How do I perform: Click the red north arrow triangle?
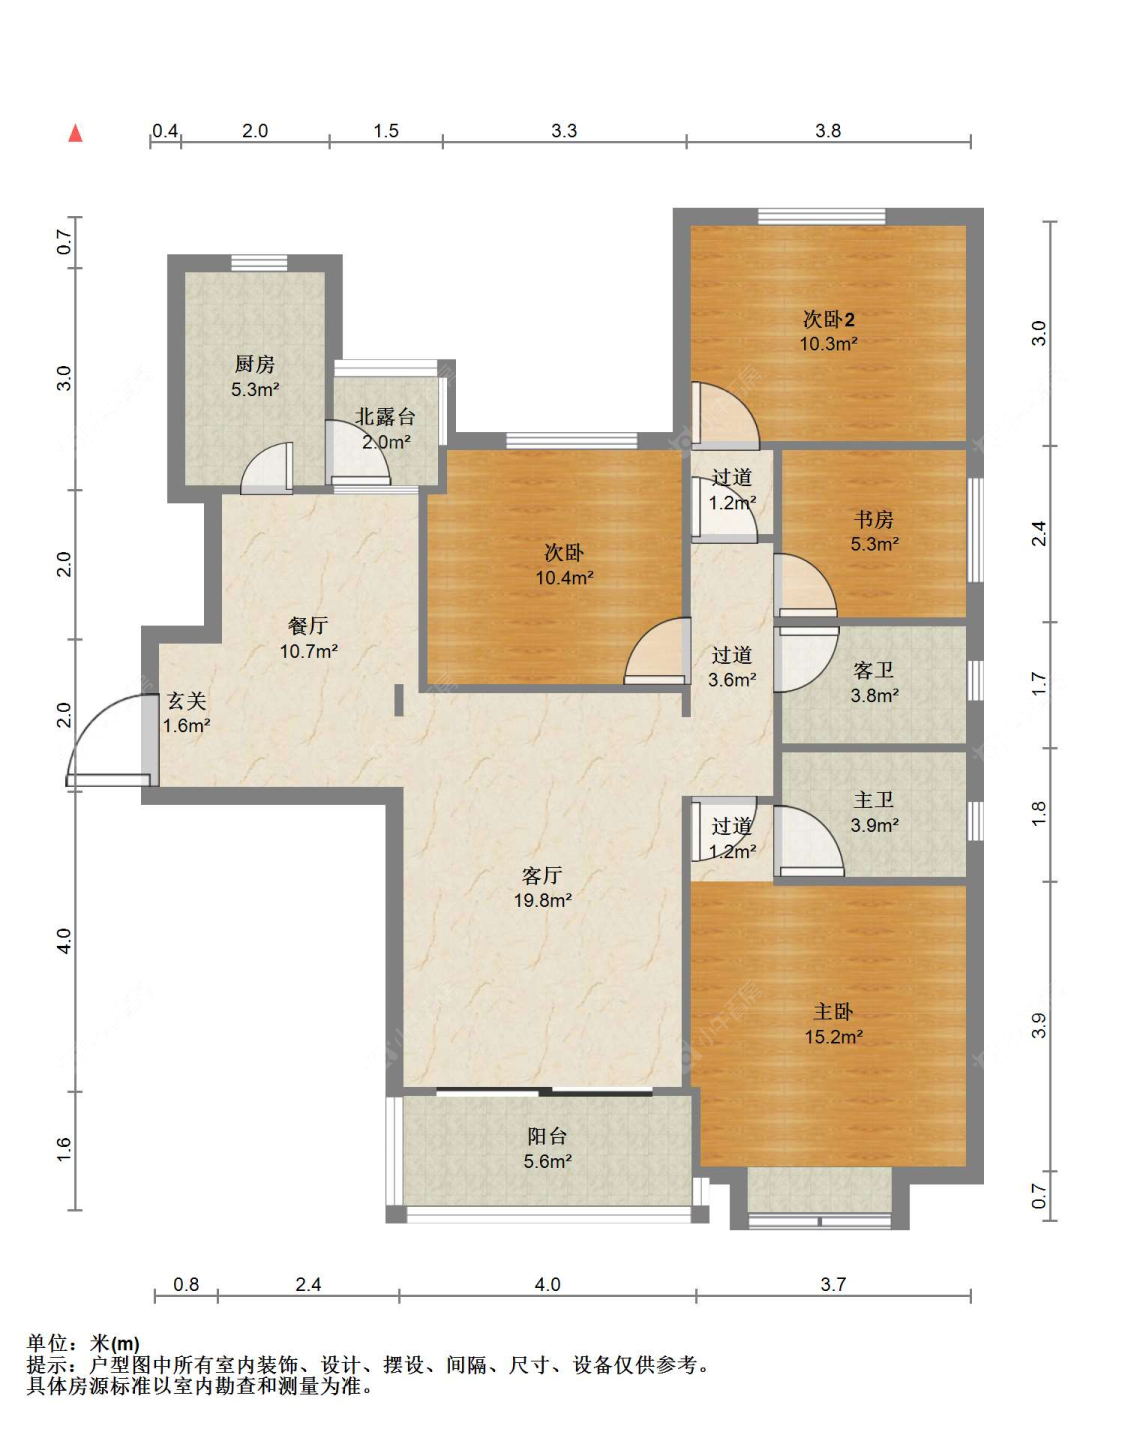pyautogui.click(x=75, y=133)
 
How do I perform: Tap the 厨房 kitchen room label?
pyautogui.click(x=255, y=364)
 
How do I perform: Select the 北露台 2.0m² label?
pyautogui.click(x=385, y=429)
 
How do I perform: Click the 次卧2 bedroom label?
pyautogui.click(x=829, y=320)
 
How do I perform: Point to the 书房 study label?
pyautogui.click(x=874, y=519)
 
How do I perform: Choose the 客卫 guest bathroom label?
pyautogui.click(x=874, y=671)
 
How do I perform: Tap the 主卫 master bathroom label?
pyautogui.click(x=874, y=801)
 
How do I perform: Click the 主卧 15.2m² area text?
pyautogui.click(x=833, y=1037)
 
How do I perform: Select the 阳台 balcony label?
pyautogui.click(x=547, y=1136)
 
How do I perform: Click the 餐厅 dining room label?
pyautogui.click(x=308, y=625)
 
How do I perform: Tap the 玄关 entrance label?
pyautogui.click(x=187, y=701)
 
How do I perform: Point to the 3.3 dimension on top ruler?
pyautogui.click(x=564, y=131)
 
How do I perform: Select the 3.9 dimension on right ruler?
pyautogui.click(x=1039, y=1025)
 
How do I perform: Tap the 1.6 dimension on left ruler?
pyautogui.click(x=63, y=1149)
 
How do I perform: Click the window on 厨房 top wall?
pyautogui.click(x=259, y=263)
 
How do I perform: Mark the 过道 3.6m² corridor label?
pyautogui.click(x=732, y=667)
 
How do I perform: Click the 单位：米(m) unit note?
pyautogui.click(x=83, y=1343)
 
